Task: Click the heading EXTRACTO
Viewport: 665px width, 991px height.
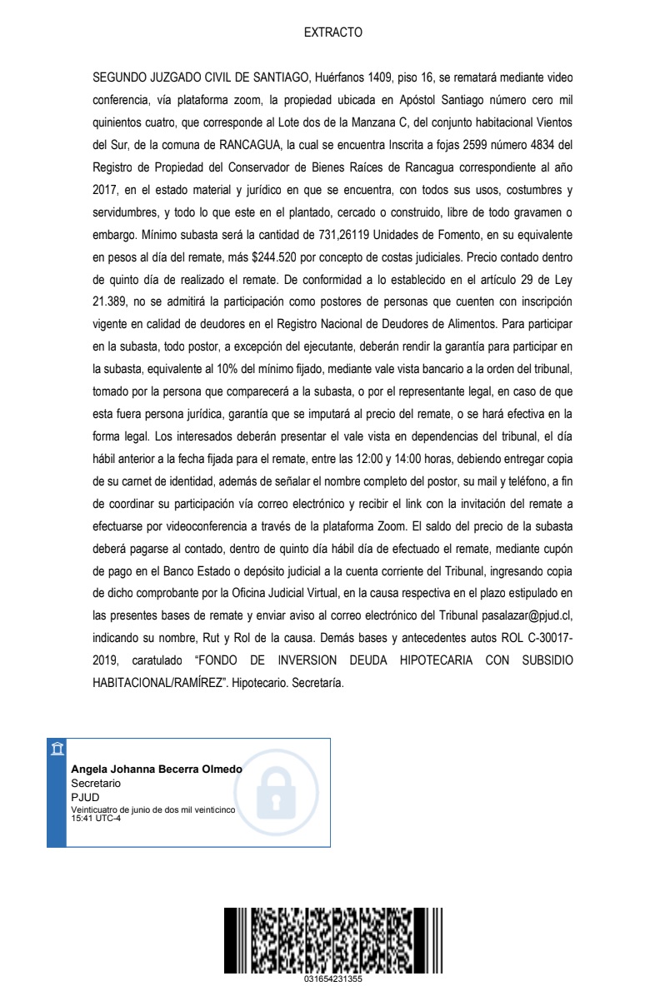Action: tap(332, 33)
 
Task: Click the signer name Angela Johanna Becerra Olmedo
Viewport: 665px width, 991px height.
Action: tap(157, 769)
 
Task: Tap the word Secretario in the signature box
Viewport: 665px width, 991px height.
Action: tap(96, 784)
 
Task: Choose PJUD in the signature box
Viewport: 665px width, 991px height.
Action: tap(85, 797)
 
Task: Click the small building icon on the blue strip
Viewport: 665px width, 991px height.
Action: tap(56, 748)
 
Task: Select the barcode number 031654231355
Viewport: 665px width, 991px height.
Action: tap(332, 979)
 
